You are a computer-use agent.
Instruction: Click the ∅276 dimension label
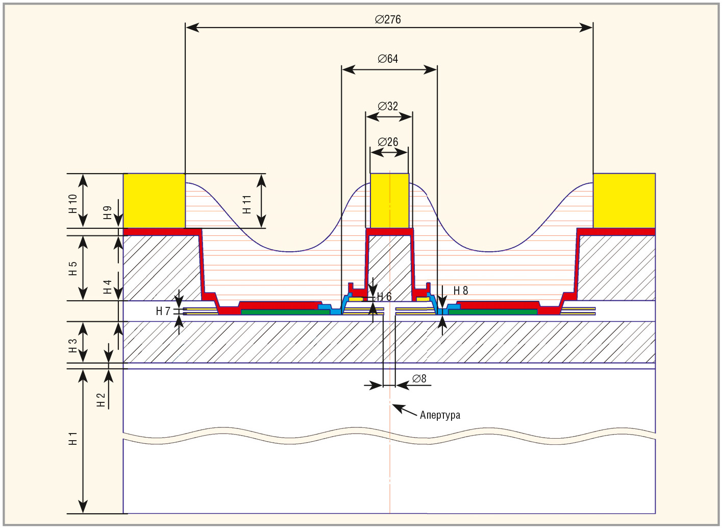pyautogui.click(x=388, y=19)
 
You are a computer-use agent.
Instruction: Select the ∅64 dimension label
pyautogui.click(x=388, y=59)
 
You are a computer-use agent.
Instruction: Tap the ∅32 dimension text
pyautogui.click(x=388, y=106)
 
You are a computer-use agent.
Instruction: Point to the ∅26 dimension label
pyautogui.click(x=388, y=142)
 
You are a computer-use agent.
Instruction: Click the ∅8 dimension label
pyautogui.click(x=419, y=379)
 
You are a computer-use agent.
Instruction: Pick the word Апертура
pyautogui.click(x=440, y=415)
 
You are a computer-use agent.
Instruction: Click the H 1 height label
pyautogui.click(x=73, y=438)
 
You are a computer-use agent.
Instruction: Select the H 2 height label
pyautogui.click(x=101, y=399)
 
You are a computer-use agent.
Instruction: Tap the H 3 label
pyautogui.click(x=73, y=346)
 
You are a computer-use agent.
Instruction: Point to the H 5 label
pyautogui.click(x=73, y=268)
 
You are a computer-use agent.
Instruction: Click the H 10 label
pyautogui.click(x=73, y=203)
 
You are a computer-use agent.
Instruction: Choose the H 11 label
pyautogui.click(x=247, y=204)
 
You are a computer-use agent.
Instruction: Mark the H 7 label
pyautogui.click(x=163, y=311)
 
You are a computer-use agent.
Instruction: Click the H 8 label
pyautogui.click(x=461, y=291)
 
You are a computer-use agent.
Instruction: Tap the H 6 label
pyautogui.click(x=384, y=297)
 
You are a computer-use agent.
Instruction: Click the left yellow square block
pyautogui.click(x=154, y=201)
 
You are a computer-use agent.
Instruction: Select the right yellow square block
pyautogui.click(x=624, y=201)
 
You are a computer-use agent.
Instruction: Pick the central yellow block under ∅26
pyautogui.click(x=389, y=201)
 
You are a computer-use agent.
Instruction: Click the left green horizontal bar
pyautogui.click(x=285, y=312)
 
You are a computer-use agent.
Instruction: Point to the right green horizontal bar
pyautogui.click(x=492, y=312)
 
